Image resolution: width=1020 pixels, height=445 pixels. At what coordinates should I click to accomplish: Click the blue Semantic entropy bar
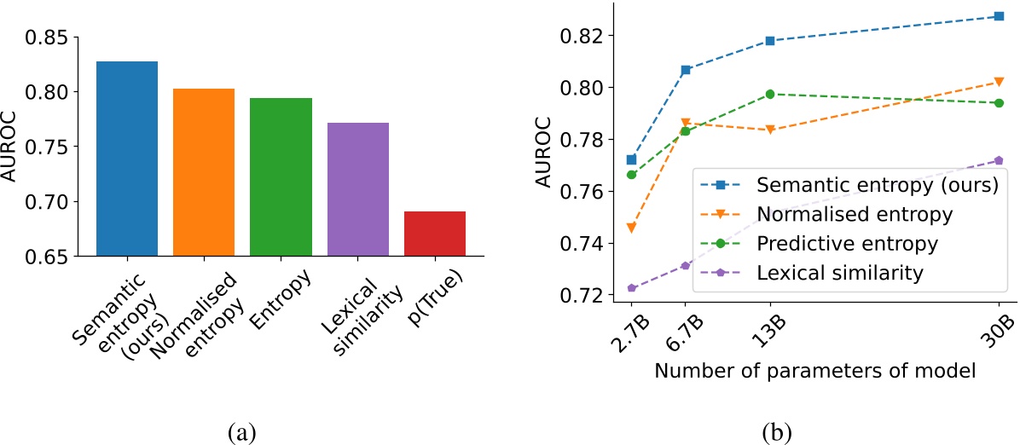(127, 159)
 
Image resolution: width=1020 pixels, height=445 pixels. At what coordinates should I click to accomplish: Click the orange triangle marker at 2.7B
(631, 228)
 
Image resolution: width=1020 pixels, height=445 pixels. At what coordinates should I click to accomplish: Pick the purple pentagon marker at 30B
(999, 160)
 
